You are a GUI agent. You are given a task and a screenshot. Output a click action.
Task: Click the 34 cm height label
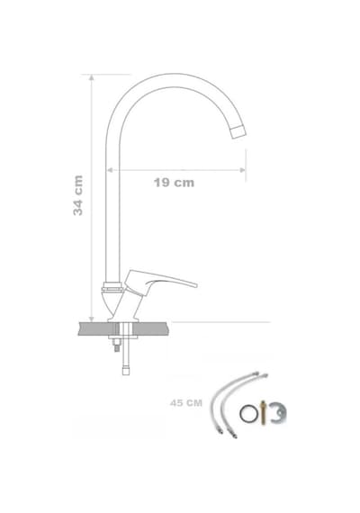(x=78, y=195)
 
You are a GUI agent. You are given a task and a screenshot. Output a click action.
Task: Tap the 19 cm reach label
(x=174, y=183)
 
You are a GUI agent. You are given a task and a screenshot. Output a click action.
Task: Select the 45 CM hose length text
(x=186, y=403)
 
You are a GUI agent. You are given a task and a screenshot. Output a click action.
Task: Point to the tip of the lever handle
(x=195, y=285)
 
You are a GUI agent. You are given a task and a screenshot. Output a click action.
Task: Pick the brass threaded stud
(x=263, y=412)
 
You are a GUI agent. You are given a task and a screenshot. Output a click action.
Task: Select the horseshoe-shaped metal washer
(x=278, y=413)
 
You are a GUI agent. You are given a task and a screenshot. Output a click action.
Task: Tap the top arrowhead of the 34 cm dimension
(x=92, y=77)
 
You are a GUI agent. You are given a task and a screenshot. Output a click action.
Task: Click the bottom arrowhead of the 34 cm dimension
(x=92, y=319)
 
